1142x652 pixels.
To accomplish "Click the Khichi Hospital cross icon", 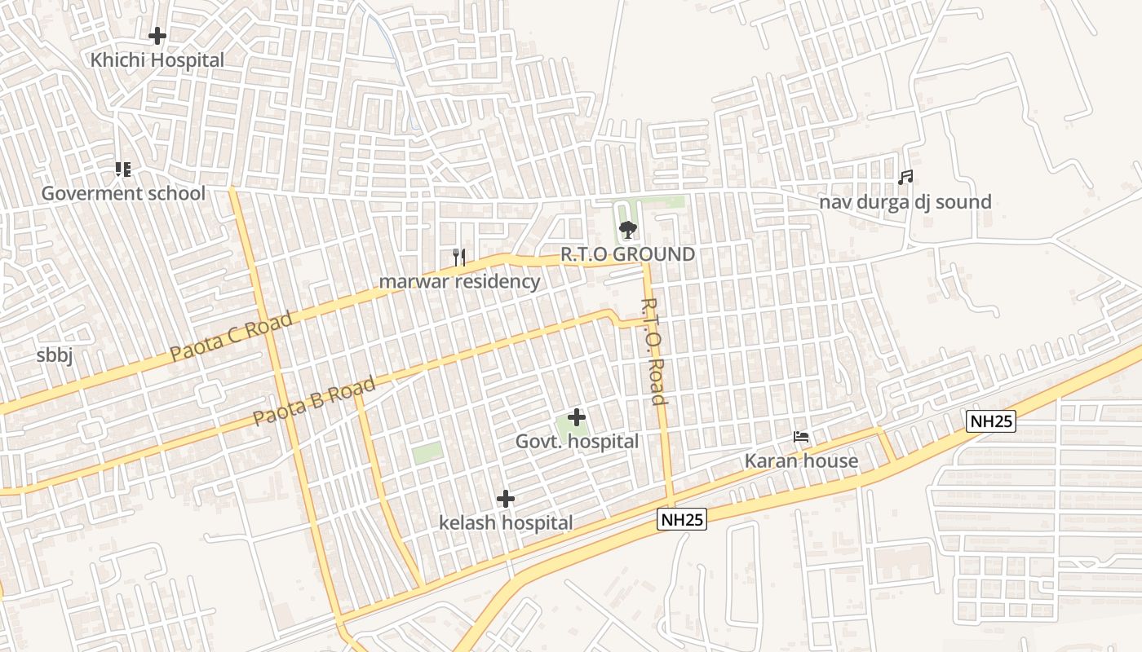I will (157, 36).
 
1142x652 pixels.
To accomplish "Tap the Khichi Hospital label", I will (157, 60).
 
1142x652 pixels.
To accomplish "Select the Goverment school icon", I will (122, 170).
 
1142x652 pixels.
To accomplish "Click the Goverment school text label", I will (123, 194).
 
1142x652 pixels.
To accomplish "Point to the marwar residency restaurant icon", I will (459, 258).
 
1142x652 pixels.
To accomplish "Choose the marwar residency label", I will (459, 282).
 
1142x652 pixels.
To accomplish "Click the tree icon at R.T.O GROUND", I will (627, 230).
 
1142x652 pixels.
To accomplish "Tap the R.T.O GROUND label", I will (627, 254).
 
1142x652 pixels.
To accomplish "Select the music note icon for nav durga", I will (905, 178).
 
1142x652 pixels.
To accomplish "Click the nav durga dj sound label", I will (905, 202).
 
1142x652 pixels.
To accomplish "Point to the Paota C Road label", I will (231, 337).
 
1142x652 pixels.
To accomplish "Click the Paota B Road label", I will (314, 401).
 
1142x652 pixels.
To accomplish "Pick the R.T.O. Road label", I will (653, 351).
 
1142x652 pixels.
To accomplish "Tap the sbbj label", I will (55, 356).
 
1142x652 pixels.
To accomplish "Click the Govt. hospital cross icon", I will (577, 417).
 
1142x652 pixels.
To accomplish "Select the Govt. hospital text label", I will (577, 442).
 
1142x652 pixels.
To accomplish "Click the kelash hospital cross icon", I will (506, 499).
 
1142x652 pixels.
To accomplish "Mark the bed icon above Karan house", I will (801, 438).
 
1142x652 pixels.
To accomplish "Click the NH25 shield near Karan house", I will (991, 421).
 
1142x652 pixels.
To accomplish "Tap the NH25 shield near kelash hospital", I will (682, 519).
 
